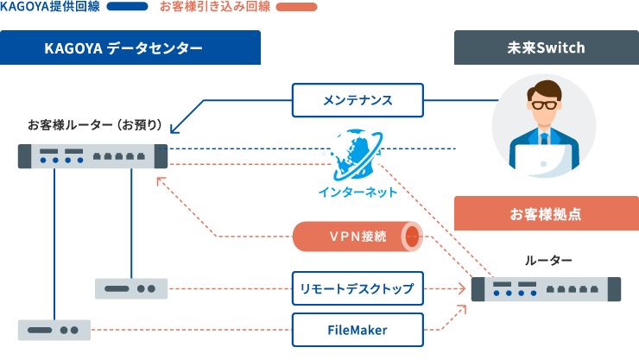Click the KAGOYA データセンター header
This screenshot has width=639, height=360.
point(130,48)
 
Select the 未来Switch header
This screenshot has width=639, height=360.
point(547,48)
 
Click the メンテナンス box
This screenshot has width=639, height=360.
point(357,101)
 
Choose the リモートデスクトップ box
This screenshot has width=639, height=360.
point(357,288)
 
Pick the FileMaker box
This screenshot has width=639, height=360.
point(357,330)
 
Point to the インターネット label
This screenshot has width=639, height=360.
point(357,193)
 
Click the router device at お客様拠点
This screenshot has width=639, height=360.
point(547,288)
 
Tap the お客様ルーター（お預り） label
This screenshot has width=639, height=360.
point(95,124)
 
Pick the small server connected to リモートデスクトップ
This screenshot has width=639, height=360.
point(131,288)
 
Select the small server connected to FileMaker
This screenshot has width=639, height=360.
point(54,330)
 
